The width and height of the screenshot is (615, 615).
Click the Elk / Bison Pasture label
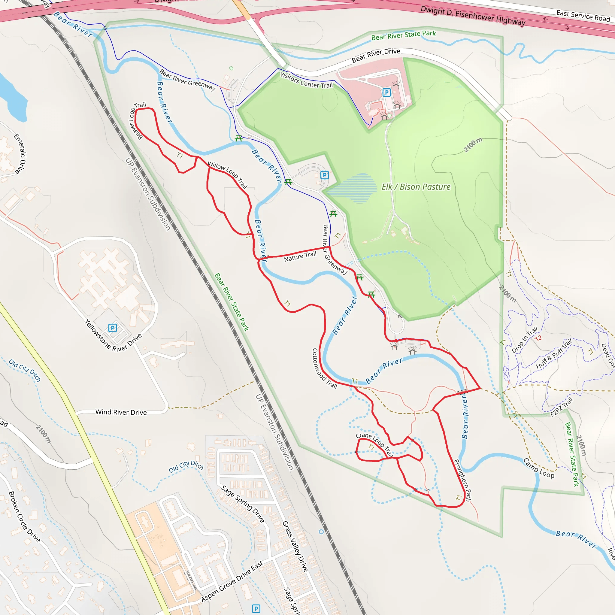[416, 187]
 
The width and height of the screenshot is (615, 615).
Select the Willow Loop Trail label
[227, 174]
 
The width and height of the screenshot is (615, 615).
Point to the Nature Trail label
[300, 256]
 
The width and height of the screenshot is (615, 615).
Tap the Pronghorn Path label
[462, 480]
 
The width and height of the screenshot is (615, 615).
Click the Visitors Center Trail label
[306, 80]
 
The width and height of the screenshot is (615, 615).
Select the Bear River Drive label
[376, 55]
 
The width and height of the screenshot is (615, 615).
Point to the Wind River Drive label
[121, 412]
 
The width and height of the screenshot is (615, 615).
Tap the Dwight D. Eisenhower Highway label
[473, 16]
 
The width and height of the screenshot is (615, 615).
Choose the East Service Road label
[583, 16]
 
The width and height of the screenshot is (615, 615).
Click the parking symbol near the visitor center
[386, 92]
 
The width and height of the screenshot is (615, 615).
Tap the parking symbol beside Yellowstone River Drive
[112, 328]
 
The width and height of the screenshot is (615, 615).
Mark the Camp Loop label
[539, 468]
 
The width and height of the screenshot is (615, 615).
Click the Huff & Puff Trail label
[553, 354]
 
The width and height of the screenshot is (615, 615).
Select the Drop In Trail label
[524, 340]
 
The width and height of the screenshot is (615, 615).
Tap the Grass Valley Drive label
[295, 546]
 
